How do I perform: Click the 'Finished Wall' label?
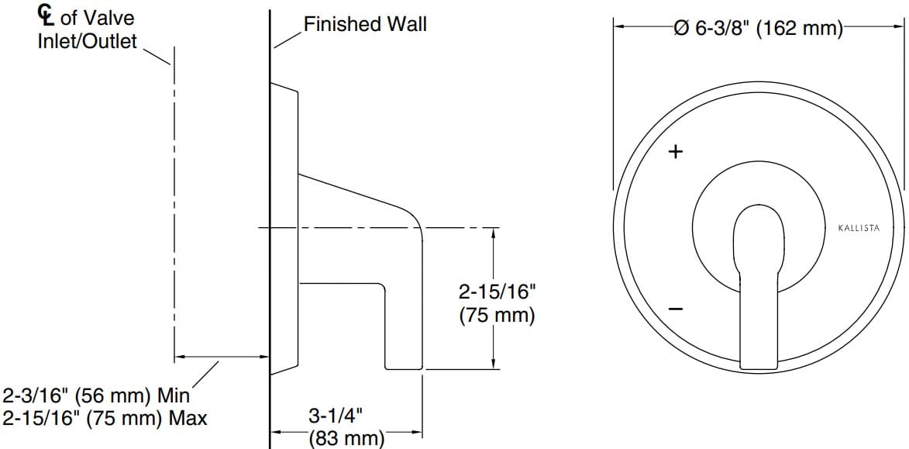pyautogui.click(x=365, y=24)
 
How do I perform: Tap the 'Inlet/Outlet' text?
pyautogui.click(x=87, y=40)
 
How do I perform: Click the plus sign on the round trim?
pyautogui.click(x=676, y=151)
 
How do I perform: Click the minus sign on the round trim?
pyautogui.click(x=676, y=309)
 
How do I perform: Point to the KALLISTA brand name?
pyautogui.click(x=864, y=228)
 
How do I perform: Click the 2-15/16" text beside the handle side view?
pyautogui.click(x=497, y=292)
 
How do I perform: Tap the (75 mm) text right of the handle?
pyautogui.click(x=497, y=316)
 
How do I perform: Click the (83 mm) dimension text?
pyautogui.click(x=346, y=438)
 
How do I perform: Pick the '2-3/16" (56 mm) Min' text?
pyautogui.click(x=97, y=395)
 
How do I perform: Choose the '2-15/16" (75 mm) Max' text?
pyautogui.click(x=105, y=419)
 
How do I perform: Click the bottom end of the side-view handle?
pyautogui.click(x=403, y=368)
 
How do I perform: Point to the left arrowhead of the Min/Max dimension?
pyautogui.click(x=180, y=357)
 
